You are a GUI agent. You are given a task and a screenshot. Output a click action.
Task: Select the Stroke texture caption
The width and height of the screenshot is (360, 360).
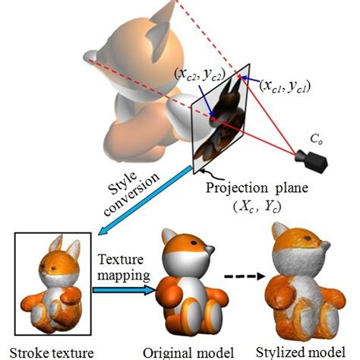pos(52,352)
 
